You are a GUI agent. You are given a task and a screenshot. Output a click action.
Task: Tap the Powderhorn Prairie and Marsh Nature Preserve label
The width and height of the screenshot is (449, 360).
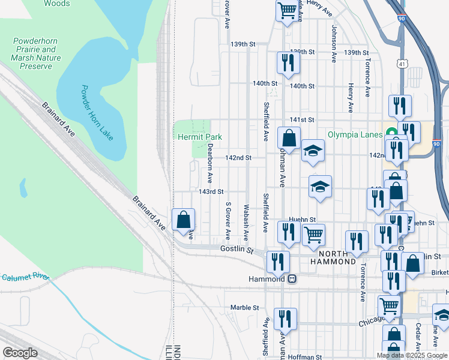pos(36,53)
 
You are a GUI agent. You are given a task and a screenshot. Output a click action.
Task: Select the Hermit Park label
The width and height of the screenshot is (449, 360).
pos(200,137)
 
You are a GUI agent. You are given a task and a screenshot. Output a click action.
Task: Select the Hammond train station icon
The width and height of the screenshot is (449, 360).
pos(292,279)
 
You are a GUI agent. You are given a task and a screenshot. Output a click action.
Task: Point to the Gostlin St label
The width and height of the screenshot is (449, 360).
pos(238,248)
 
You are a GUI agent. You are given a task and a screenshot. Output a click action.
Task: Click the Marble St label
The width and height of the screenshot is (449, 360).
pos(244,308)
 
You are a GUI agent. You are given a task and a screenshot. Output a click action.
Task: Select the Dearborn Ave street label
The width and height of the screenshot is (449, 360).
pos(210,163)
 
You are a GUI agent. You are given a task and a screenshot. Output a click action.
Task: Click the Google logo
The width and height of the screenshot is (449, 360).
pos(20,353)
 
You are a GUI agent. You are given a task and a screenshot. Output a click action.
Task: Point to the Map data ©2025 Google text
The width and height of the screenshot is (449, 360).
pos(412,355)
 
